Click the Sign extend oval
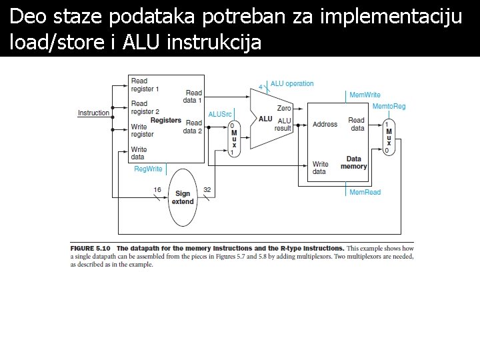183,197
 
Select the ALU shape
265,119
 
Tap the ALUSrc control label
219,115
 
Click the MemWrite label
365,95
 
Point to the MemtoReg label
389,107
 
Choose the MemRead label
365,192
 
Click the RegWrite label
148,169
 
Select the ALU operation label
292,84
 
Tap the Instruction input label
93,113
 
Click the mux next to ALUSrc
233,138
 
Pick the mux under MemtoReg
389,137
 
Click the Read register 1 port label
145,85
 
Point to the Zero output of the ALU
284,108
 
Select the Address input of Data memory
325,125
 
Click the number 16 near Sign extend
157,190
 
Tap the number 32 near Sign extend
207,190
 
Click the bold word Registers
166,121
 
